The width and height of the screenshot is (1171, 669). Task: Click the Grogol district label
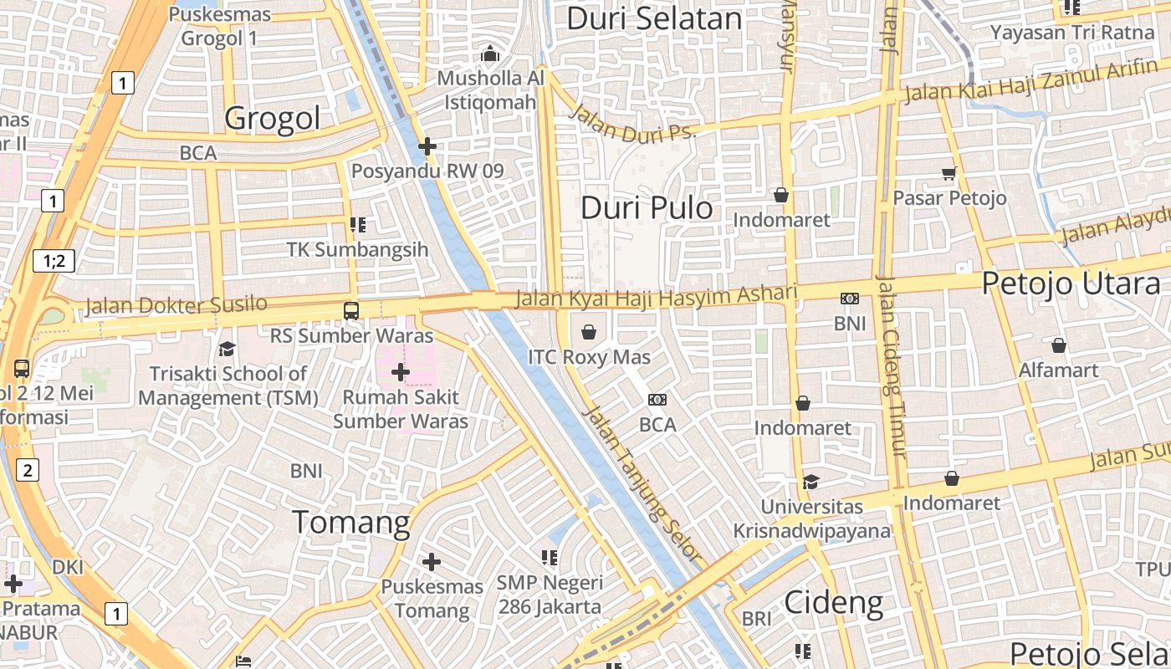click(272, 118)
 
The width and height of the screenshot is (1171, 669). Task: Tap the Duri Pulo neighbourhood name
click(647, 207)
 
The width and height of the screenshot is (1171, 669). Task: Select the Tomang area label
click(351, 522)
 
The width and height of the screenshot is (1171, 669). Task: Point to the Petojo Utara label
click(1071, 283)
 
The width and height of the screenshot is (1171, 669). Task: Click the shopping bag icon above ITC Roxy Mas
click(589, 332)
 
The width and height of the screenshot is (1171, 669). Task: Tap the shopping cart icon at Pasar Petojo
click(949, 173)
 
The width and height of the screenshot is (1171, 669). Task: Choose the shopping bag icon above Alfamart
click(1058, 345)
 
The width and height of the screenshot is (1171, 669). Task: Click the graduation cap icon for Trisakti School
click(227, 349)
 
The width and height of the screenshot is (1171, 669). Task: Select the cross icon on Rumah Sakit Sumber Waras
click(401, 371)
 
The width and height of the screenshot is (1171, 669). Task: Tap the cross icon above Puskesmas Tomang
click(432, 561)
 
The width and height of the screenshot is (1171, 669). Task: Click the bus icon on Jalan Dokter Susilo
click(351, 310)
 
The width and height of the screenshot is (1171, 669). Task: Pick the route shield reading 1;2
click(54, 261)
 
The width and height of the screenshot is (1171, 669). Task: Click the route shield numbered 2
click(27, 470)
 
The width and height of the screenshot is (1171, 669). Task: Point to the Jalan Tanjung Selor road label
click(641, 483)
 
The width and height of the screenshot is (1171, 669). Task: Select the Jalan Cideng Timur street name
click(890, 365)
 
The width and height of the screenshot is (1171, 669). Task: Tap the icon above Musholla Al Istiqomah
click(490, 54)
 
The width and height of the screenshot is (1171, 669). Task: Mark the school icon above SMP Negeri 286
click(550, 557)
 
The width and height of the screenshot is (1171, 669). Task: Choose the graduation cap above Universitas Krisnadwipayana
click(810, 482)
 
